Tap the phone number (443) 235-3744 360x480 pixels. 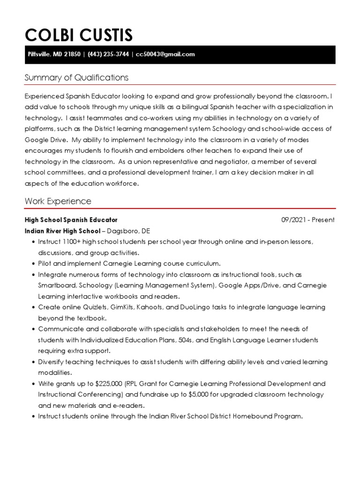point(108,54)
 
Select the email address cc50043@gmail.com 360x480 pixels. point(165,54)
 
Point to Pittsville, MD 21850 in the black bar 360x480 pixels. point(53,54)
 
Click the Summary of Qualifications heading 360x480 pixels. point(76,77)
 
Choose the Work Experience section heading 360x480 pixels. point(58,201)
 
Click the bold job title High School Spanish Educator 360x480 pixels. point(71,220)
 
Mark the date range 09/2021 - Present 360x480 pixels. point(308,220)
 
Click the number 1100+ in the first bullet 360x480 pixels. point(71,242)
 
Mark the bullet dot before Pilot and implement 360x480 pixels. point(33,264)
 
